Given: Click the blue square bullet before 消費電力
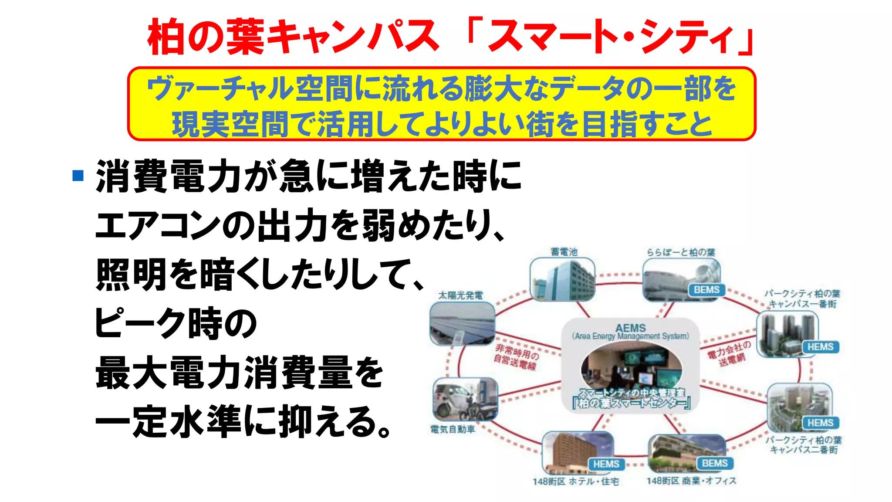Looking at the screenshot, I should pyautogui.click(x=78, y=176).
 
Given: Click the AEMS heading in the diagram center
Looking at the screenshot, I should pyautogui.click(x=630, y=328).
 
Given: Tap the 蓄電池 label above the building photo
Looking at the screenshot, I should pyautogui.click(x=564, y=252).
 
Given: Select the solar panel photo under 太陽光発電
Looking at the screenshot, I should pyautogui.click(x=462, y=323).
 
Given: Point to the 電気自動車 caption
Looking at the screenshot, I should pyautogui.click(x=453, y=430).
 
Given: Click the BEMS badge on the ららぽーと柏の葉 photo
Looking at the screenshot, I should pyautogui.click(x=706, y=290).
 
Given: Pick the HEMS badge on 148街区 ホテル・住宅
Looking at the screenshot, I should pyautogui.click(x=606, y=464).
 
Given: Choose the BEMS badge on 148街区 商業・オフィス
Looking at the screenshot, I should pyautogui.click(x=715, y=463).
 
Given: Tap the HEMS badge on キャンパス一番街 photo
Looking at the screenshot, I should pyautogui.click(x=820, y=347).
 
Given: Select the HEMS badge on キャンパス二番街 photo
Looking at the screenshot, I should pyautogui.click(x=820, y=423).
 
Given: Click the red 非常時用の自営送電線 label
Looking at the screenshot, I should pyautogui.click(x=516, y=357).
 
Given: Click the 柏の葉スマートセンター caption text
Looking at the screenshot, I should pyautogui.click(x=632, y=403).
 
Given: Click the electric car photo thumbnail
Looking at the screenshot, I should pyautogui.click(x=465, y=399).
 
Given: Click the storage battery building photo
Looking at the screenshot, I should pyautogui.click(x=562, y=279).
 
